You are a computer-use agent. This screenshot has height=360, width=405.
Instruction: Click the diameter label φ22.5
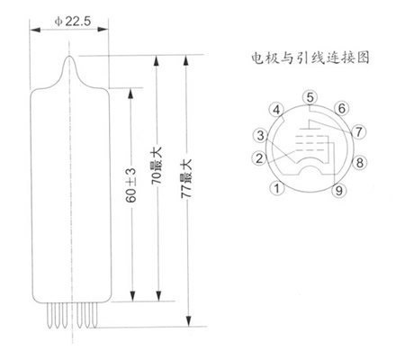coord(73,22)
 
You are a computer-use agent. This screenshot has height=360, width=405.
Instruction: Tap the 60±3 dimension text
coord(131,185)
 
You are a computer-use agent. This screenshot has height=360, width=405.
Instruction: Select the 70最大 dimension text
coord(157,166)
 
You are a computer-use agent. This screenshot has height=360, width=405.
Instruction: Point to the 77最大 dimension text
coord(186,178)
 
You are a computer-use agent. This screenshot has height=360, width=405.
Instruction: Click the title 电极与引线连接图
coord(310,58)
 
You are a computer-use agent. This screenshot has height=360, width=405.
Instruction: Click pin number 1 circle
coord(277,188)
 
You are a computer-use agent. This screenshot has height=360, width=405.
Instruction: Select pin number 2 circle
coord(259,158)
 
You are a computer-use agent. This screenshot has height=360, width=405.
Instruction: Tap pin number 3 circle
coord(260,135)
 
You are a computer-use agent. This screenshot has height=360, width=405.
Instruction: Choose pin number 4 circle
coord(276,110)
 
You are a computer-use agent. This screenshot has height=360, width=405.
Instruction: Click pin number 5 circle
coord(310,97)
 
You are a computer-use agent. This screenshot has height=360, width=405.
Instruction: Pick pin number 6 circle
coord(342,108)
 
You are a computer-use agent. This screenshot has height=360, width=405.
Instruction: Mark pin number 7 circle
coord(359,131)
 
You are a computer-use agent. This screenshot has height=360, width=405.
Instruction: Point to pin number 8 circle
coord(359,163)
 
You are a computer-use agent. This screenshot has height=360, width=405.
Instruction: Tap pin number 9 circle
coord(339,190)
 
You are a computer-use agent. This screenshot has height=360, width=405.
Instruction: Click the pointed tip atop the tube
coord(69,57)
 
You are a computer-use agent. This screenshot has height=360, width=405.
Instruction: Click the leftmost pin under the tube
coord(49,315)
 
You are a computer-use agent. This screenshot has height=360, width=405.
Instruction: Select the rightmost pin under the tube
coord(94,315)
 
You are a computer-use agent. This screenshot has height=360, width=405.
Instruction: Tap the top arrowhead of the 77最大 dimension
coord(186,61)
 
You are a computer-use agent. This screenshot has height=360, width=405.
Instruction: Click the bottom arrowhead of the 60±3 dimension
coord(131,295)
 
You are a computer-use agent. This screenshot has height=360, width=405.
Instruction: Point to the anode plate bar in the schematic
coord(310,129)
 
